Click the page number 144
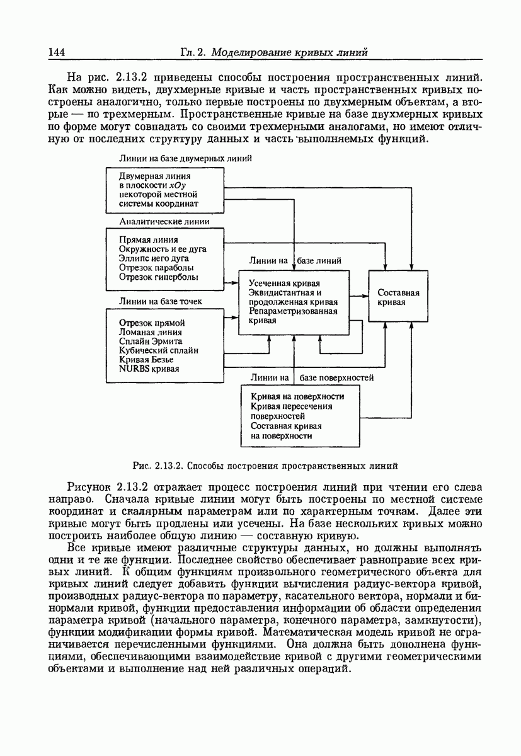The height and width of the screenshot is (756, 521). pos(57,52)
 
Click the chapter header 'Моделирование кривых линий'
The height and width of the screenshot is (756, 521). pos(290,52)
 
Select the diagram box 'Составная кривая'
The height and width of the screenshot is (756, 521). pos(398,297)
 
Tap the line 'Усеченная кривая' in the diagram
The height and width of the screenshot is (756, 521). pos(285,283)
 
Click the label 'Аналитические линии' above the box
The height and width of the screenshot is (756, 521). pos(164,222)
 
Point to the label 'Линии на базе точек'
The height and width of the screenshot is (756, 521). pos(161,301)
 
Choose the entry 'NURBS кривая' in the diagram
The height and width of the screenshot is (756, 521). pos(149,369)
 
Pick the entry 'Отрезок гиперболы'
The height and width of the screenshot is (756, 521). pos(158,277)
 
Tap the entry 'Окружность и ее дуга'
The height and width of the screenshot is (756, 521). pos(163,249)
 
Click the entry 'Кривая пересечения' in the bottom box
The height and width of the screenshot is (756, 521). pos(292,406)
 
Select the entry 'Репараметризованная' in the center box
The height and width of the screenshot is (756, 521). pos(293,311)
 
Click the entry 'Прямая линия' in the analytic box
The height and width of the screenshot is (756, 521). pos(148,240)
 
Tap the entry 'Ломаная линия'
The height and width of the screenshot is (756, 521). pos(151,333)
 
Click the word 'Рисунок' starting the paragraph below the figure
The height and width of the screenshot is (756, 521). pos(90,488)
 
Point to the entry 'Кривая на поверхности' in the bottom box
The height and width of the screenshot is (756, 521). pos(297,397)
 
